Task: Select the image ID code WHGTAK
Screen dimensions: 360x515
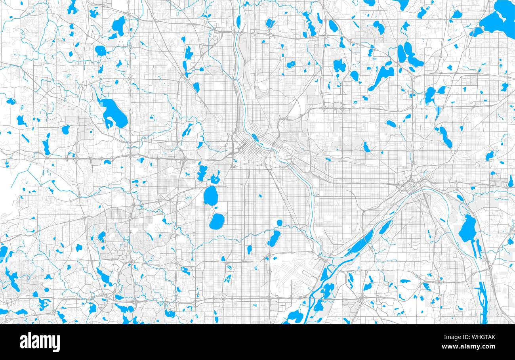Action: [481, 337]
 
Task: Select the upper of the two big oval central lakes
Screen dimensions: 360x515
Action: [210, 195]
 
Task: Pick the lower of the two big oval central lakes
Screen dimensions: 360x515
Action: [216, 222]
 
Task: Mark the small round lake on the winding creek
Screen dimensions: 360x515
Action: [279, 223]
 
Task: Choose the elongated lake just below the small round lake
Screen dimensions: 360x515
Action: [273, 238]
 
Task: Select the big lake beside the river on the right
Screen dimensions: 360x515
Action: [467, 229]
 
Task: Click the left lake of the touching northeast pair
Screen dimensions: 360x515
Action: [401, 53]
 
